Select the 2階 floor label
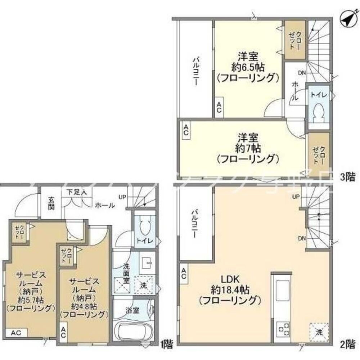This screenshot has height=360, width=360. [347, 344]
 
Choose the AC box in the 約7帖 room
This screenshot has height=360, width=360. [186, 130]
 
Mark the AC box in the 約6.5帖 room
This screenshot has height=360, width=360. [219, 107]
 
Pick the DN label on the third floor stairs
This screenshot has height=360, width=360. [302, 73]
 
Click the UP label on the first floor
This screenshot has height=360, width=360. [122, 197]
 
